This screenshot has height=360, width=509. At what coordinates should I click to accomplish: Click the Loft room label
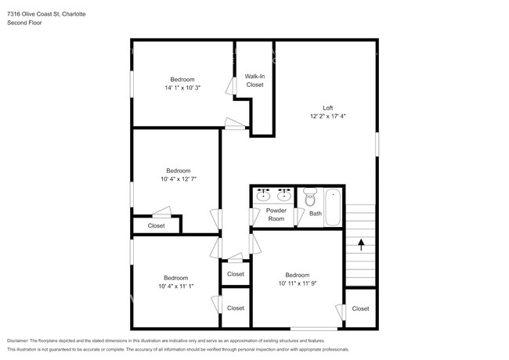(x=327, y=107)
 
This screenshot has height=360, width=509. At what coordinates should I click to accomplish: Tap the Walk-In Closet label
(x=254, y=80)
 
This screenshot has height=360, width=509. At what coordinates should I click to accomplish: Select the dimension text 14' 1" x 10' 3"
(x=182, y=88)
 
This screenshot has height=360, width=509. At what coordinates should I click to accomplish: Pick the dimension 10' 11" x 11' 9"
(x=297, y=283)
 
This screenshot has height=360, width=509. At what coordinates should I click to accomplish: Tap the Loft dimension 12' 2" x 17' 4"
(x=327, y=116)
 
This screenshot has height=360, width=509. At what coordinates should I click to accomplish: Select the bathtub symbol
(x=333, y=207)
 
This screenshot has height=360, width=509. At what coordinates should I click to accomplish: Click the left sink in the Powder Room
(x=265, y=195)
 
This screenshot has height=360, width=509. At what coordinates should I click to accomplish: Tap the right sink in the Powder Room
(x=283, y=195)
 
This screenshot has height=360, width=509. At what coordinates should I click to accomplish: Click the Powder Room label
(x=276, y=214)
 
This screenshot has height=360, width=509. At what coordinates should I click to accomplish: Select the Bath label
(x=315, y=213)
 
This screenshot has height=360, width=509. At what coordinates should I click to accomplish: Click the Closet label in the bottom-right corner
(x=360, y=308)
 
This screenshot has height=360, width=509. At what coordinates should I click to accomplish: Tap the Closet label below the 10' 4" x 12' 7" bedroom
(x=156, y=226)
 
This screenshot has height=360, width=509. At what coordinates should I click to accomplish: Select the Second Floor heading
(x=24, y=23)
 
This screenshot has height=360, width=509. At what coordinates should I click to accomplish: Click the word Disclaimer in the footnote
(x=21, y=341)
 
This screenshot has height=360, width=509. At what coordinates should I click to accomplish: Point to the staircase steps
(x=361, y=223)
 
